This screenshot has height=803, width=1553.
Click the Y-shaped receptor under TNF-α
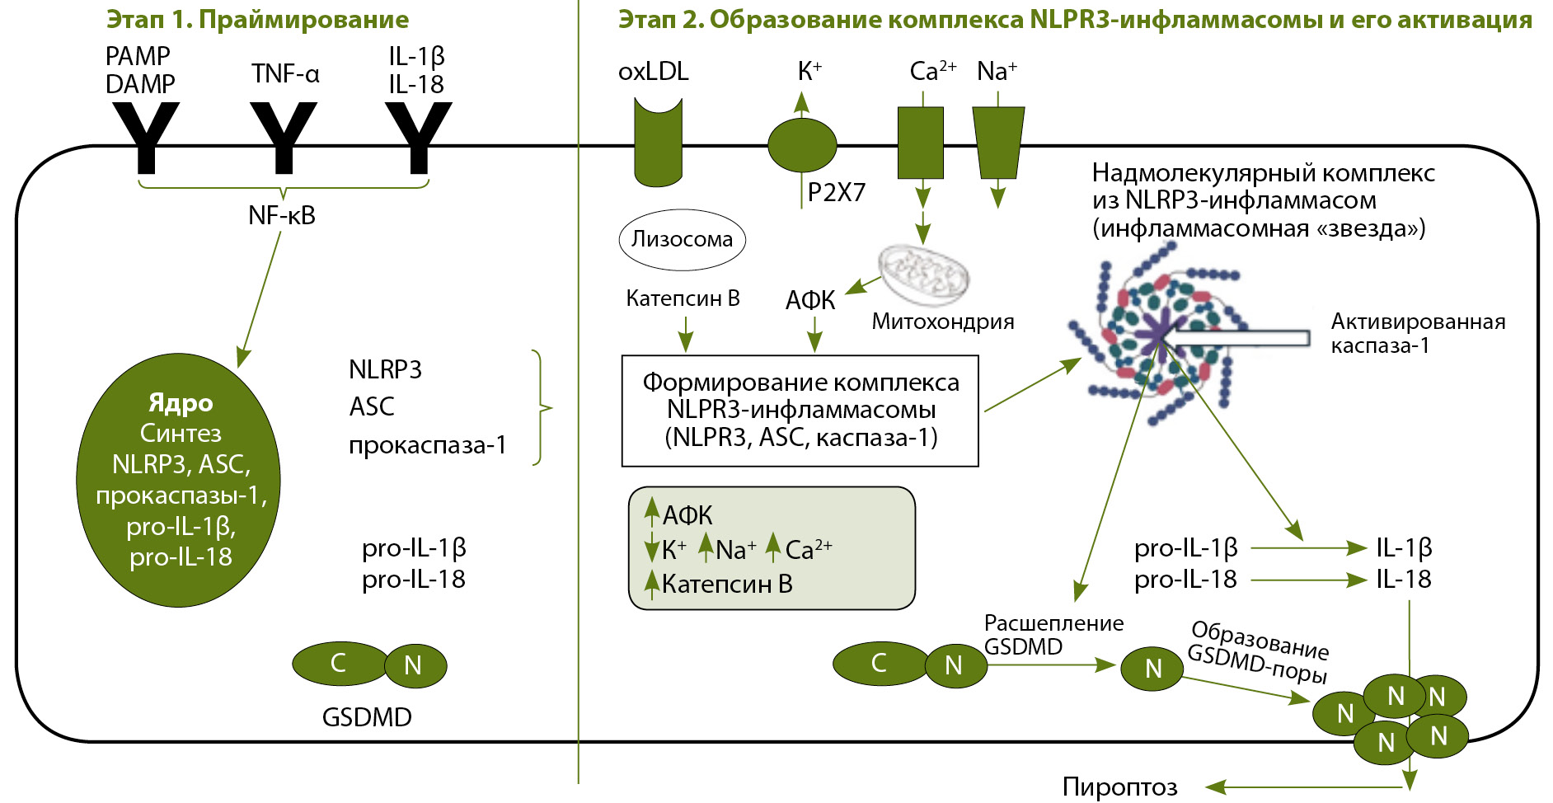click(283, 136)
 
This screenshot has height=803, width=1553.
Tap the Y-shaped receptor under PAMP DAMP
click(146, 136)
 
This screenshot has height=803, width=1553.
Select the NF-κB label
click(282, 216)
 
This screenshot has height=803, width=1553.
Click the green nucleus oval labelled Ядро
click(179, 481)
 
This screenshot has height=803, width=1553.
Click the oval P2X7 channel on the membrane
click(802, 145)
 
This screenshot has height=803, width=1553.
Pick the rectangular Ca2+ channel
click(920, 142)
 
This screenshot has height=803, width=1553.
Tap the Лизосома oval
click(682, 240)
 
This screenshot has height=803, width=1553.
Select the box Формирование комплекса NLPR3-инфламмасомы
click(800, 411)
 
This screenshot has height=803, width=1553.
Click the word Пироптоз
click(1119, 787)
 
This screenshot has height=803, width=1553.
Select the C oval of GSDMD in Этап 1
click(338, 663)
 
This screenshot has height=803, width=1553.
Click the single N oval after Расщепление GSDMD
click(1152, 669)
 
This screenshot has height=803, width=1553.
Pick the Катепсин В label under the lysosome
click(683, 298)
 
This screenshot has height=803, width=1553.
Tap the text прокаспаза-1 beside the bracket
click(427, 445)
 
